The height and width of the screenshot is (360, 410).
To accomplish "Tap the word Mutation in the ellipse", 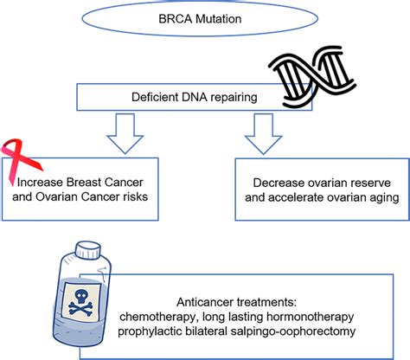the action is click(219, 19).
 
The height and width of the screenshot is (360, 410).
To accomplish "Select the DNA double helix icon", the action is click(312, 78).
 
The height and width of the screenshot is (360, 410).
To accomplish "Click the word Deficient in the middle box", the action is click(155, 97).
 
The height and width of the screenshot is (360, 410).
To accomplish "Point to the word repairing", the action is click(234, 98).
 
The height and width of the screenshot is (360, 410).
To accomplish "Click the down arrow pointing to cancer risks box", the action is click(125, 133).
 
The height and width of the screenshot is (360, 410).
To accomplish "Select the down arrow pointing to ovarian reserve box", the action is click(263, 133).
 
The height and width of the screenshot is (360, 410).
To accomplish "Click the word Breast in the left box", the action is click(83, 183).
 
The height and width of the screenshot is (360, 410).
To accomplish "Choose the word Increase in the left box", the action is click(40, 183).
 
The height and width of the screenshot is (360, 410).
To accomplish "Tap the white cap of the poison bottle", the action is click(88, 251).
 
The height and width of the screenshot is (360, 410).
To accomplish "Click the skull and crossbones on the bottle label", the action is click(81, 302).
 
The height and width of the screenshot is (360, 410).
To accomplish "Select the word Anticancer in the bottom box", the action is click(205, 302).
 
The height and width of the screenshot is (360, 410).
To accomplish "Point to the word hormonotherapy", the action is click(310, 317).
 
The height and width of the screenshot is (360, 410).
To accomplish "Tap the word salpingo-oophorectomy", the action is click(293, 331).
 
